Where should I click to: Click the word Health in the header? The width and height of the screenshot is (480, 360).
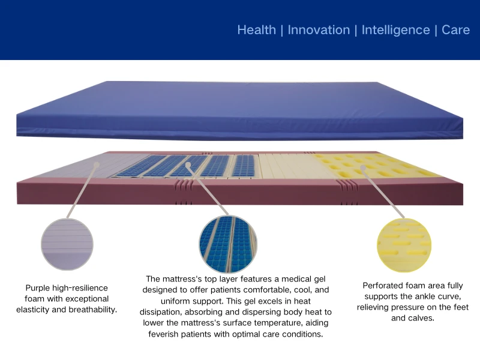[256, 30]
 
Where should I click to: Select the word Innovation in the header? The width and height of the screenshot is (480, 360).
[319, 30]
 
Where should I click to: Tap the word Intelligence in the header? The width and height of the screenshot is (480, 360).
[395, 30]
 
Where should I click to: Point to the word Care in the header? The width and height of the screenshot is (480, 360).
[455, 30]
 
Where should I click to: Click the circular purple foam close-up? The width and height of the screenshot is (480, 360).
[67, 244]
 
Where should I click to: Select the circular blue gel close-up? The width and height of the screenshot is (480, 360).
[227, 244]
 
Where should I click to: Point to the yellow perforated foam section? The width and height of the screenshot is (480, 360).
[372, 164]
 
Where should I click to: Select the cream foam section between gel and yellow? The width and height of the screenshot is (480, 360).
[288, 166]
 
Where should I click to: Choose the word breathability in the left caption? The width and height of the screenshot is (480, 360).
[91, 310]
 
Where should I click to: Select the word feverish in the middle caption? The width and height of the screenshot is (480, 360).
[168, 334]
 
